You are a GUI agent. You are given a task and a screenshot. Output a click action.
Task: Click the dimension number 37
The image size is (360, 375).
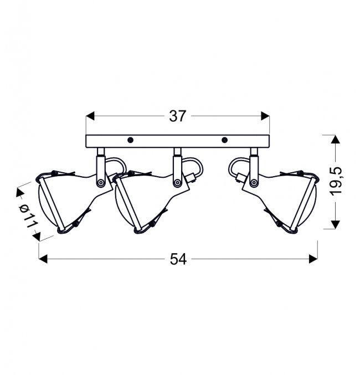pyautogui.click(x=177, y=116)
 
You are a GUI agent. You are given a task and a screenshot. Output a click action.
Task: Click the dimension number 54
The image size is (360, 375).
pyautogui.click(x=178, y=259)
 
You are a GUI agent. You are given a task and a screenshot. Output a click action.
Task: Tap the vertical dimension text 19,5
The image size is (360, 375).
pyautogui.click(x=336, y=182)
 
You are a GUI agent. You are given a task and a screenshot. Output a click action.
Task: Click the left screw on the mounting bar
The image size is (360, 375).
pyautogui.click(x=130, y=140)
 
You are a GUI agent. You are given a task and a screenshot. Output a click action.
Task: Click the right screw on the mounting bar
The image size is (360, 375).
pyautogui.click(x=224, y=140)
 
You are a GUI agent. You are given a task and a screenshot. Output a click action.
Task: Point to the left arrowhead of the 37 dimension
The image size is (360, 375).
pyautogui.click(x=90, y=116)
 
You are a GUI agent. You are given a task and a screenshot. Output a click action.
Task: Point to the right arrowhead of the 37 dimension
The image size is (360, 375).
pyautogui.click(x=265, y=116)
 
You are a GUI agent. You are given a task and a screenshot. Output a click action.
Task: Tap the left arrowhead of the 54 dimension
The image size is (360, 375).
pyautogui.click(x=43, y=259)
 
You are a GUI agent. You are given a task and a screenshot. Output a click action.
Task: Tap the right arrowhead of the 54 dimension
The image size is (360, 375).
pyautogui.click(x=313, y=259)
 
